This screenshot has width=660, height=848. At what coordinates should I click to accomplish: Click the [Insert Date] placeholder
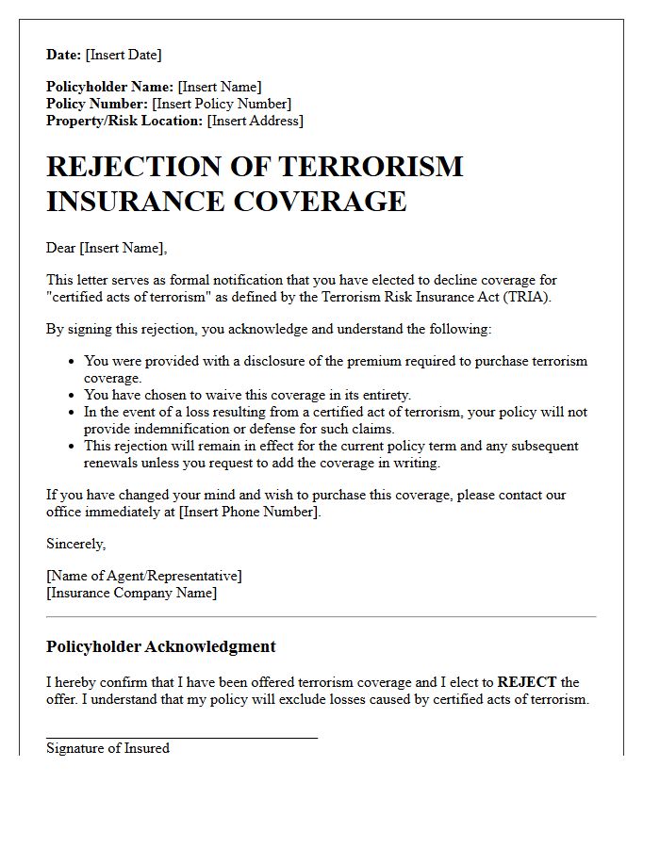coord(124,55)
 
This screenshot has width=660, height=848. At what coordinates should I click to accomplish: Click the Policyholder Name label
coord(109,87)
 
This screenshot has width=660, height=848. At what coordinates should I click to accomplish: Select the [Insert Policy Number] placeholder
coord(222,104)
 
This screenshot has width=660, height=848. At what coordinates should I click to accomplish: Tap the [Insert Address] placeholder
coord(256,121)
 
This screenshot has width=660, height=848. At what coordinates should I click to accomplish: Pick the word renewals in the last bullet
coord(113,463)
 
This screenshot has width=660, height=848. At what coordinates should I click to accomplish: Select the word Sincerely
coord(75,544)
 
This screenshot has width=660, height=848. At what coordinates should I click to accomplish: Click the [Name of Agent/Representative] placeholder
coord(143,576)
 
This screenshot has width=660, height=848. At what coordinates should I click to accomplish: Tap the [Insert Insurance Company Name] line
coord(131,593)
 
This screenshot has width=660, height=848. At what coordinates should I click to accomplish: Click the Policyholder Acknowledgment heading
coord(161,646)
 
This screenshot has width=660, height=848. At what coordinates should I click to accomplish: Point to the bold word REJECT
coord(527,682)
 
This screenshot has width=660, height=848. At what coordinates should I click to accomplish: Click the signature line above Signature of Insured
coord(182,738)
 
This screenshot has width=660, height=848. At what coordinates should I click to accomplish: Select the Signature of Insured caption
coord(107,748)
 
